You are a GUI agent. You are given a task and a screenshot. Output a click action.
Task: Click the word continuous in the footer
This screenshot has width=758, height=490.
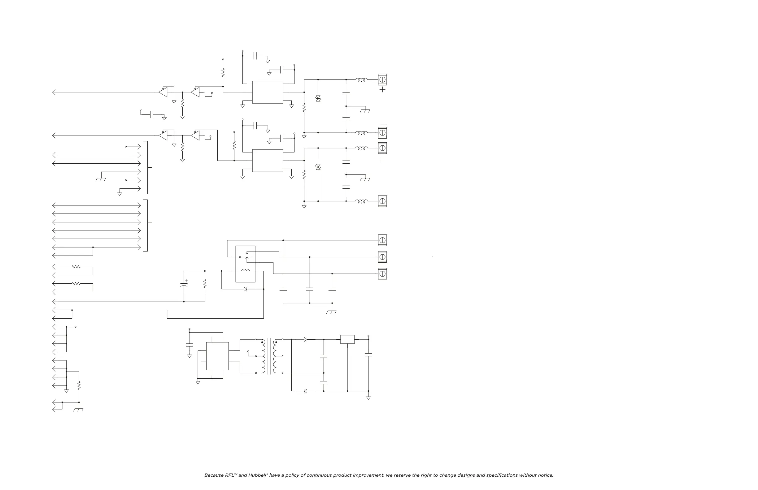pos(320,475)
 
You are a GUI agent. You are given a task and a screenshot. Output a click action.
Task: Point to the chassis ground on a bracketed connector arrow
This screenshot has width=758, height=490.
pos(101,179)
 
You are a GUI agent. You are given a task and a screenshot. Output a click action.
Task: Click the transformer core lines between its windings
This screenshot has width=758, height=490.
pos(269,356)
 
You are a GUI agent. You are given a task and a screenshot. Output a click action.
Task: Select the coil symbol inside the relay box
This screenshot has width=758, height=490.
pos(245,271)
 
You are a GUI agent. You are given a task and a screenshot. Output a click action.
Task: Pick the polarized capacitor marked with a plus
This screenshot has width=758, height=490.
pos(184,285)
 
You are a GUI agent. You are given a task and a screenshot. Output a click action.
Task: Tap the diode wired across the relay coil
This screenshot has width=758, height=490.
pos(245,289)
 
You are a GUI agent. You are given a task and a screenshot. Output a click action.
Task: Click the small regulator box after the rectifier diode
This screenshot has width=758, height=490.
pos(347,339)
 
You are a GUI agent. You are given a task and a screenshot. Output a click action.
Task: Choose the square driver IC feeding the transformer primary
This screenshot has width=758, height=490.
pos(217,356)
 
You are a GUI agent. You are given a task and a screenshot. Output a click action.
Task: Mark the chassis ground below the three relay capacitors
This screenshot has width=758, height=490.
pos(332,312)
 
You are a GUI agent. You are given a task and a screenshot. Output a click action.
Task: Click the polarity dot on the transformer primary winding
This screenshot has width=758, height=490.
pos(263,342)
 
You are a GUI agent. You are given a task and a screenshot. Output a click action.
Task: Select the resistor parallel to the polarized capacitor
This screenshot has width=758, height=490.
pos(205,283)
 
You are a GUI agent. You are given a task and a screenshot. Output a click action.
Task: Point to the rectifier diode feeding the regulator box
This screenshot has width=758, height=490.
pos(305,339)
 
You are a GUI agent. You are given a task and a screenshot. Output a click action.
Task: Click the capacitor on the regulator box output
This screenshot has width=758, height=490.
pos(368,355)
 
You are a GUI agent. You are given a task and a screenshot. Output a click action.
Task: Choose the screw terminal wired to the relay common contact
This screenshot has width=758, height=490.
pos(382,240)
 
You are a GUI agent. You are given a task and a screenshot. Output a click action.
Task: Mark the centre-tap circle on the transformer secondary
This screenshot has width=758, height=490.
pos(282,356)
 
